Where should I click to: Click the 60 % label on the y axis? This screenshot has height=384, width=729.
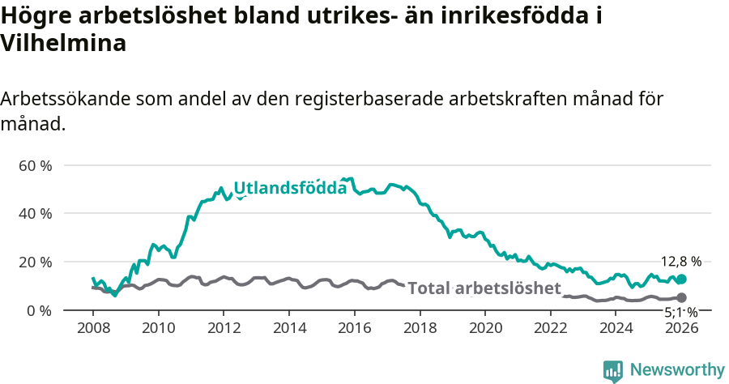[35, 165]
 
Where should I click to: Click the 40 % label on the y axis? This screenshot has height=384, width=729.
[35, 214]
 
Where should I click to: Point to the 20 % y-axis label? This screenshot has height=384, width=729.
[35, 262]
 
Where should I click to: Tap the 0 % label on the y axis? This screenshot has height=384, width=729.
[39, 311]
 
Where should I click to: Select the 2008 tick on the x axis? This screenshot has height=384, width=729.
[93, 328]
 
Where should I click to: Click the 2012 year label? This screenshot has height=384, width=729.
[224, 328]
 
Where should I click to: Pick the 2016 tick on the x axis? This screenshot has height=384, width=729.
[355, 328]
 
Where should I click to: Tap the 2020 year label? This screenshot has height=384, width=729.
[485, 328]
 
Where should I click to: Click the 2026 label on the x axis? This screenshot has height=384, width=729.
[681, 328]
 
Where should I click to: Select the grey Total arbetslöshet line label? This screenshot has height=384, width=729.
[484, 289]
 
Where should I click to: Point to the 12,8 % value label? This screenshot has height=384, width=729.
[681, 262]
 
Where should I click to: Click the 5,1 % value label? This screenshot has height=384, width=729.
[681, 311]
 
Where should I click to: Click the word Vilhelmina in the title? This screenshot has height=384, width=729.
[63, 44]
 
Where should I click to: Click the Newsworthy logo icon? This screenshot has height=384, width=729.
[613, 370]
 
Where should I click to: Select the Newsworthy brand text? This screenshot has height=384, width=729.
[676, 370]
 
